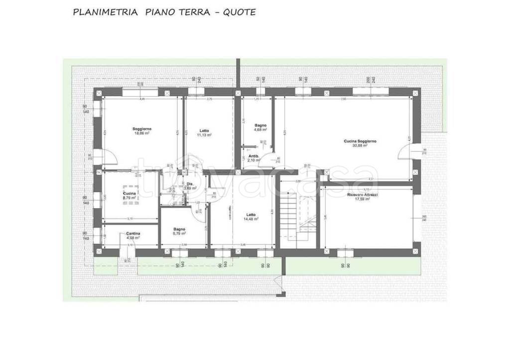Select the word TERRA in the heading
[191, 12]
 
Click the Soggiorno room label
[142, 129]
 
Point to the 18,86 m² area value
[142, 133]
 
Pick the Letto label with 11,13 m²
[204, 130]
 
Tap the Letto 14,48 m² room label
[250, 216]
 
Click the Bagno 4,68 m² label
[260, 125]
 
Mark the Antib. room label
[253, 156]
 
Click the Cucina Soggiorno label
[360, 141]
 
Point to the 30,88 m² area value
[360, 145]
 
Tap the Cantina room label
[132, 234]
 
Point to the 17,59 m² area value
[362, 199]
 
